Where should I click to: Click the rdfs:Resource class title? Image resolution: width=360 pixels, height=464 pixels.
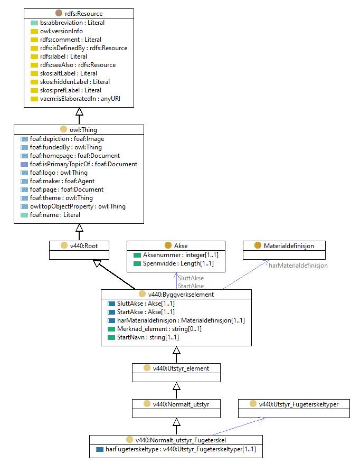click(84, 14)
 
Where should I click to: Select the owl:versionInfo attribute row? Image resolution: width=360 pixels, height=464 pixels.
click(61, 31)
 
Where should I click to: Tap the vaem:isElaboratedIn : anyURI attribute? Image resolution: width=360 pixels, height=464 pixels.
click(80, 99)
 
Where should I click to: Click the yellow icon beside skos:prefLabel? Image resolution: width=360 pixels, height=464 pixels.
click(34, 90)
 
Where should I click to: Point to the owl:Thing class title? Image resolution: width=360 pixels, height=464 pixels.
click(83, 130)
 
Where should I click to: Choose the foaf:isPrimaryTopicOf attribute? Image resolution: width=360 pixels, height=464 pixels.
click(83, 164)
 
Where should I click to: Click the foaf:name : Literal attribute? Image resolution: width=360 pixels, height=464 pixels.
click(55, 215)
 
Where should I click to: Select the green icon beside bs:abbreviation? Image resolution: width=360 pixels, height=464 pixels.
click(34, 23)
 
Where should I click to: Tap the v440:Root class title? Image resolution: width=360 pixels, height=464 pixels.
click(84, 246)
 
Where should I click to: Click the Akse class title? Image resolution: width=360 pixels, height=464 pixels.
click(181, 246)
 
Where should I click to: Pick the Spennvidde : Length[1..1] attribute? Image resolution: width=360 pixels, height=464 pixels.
click(178, 263)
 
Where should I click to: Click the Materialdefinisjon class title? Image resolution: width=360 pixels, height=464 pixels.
click(289, 246)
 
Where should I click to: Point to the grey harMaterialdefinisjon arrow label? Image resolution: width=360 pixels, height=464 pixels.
click(298, 266)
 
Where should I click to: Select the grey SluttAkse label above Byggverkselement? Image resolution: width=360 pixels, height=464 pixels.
click(191, 278)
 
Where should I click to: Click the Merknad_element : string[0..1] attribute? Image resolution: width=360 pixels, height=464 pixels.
click(159, 329)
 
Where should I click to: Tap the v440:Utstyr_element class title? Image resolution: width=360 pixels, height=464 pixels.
click(181, 368)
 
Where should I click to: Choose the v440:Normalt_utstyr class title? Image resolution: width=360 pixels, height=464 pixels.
click(181, 404)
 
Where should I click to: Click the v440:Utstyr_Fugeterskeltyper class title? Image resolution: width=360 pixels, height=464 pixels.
click(298, 404)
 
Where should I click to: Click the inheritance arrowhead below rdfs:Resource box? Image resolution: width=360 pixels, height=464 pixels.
click(79, 111)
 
